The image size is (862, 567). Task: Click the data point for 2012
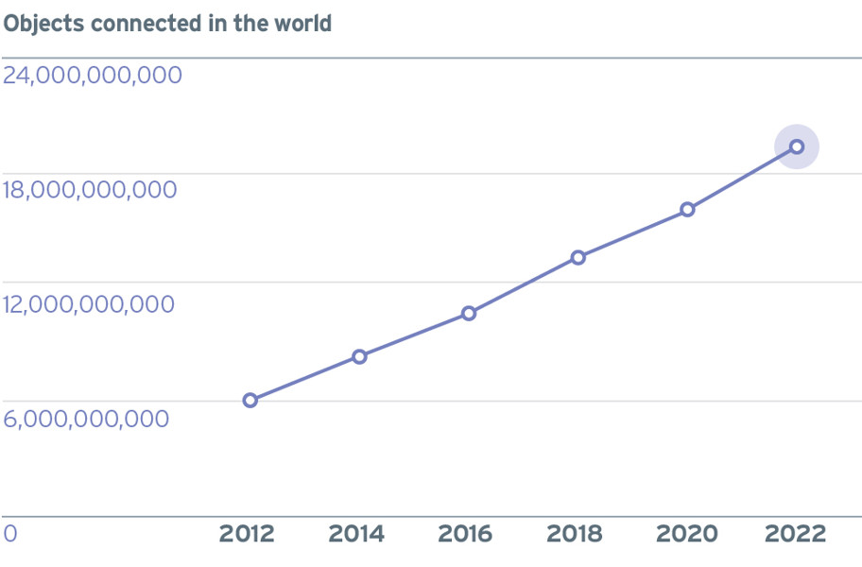pyautogui.click(x=250, y=400)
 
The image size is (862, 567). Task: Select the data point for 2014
pyautogui.click(x=359, y=356)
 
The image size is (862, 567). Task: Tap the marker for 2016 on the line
pyautogui.click(x=469, y=313)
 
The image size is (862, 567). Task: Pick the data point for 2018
pyautogui.click(x=578, y=257)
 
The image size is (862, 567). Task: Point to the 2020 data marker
pyautogui.click(x=687, y=210)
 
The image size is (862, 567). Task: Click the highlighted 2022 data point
pyautogui.click(x=797, y=146)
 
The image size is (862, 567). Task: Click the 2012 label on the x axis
pyautogui.click(x=247, y=534)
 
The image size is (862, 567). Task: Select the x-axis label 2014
pyautogui.click(x=356, y=534)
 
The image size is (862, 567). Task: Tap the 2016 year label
pyautogui.click(x=465, y=534)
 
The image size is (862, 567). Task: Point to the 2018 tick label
pyautogui.click(x=575, y=534)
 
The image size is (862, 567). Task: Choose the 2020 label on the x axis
pyautogui.click(x=687, y=534)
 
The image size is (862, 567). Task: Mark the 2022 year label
pyautogui.click(x=796, y=534)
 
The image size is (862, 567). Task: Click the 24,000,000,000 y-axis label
pyautogui.click(x=93, y=76)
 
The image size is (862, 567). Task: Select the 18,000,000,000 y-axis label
pyautogui.click(x=90, y=190)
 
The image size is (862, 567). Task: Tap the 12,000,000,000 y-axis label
pyautogui.click(x=89, y=304)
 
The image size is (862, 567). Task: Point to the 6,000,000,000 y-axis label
pyautogui.click(x=86, y=419)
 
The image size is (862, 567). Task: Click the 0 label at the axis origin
pyautogui.click(x=10, y=534)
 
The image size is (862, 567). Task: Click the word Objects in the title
pyautogui.click(x=44, y=24)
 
